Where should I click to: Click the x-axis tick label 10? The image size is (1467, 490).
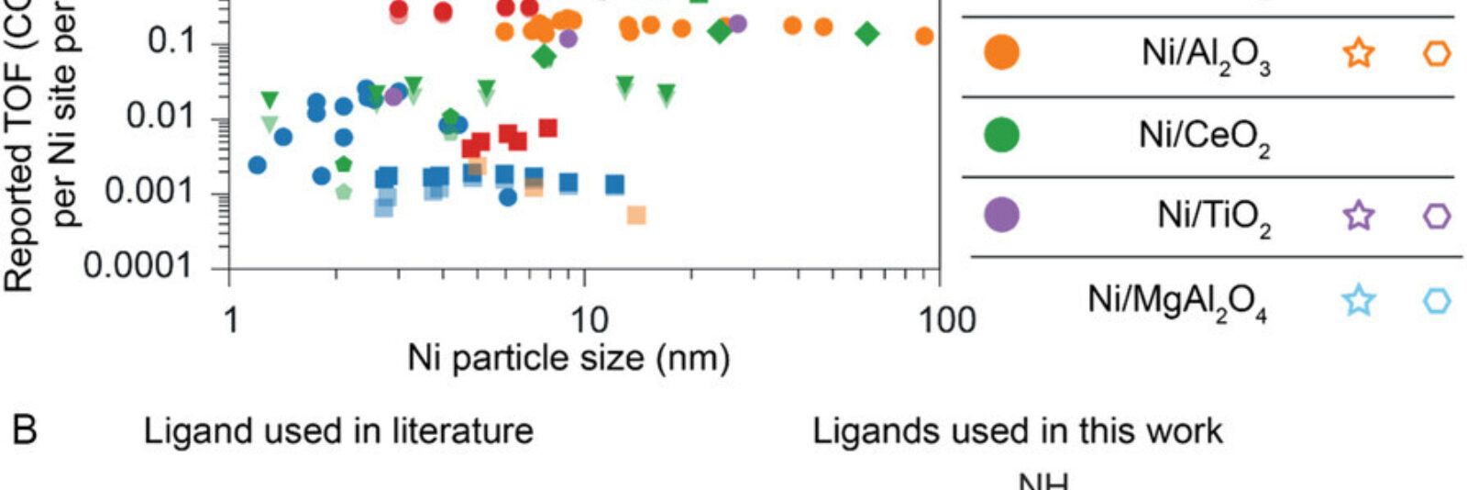[588, 319]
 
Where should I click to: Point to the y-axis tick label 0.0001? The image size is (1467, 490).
[138, 266]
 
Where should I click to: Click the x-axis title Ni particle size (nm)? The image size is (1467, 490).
[568, 358]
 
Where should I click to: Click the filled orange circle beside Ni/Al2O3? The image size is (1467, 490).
[1001, 52]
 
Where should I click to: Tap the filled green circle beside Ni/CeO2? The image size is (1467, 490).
[1001, 134]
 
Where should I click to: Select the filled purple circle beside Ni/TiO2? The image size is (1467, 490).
[1001, 215]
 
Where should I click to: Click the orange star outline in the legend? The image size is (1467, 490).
[1359, 52]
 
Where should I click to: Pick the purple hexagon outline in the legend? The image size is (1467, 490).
[1437, 216]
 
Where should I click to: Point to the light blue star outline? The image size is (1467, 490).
[1359, 300]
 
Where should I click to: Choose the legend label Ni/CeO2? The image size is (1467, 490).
[1204, 136]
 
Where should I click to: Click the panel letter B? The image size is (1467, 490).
[25, 430]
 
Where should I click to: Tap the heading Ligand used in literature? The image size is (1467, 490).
[338, 430]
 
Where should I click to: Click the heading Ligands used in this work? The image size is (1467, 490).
[1017, 430]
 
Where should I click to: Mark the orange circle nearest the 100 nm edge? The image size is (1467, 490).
[924, 36]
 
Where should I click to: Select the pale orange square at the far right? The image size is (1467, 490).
[636, 215]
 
